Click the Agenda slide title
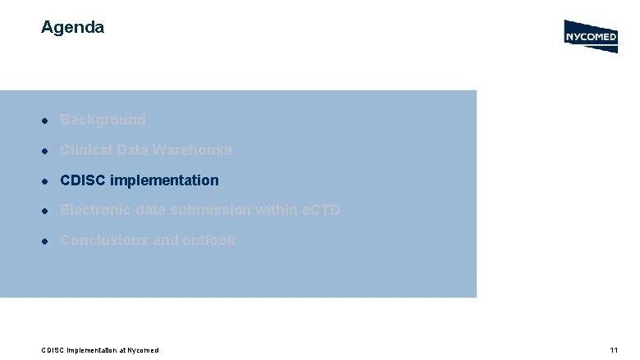point(72,27)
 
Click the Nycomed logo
point(591,36)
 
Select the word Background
point(103,120)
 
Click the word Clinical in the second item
point(86,150)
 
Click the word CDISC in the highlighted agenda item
point(82,180)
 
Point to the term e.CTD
point(319,210)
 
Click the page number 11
point(613,350)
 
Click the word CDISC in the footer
point(53,350)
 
